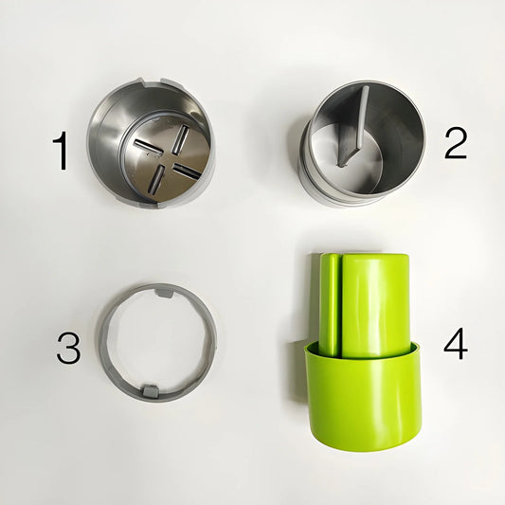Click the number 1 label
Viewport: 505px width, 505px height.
pyautogui.click(x=62, y=151)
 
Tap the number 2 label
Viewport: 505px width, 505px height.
pyautogui.click(x=456, y=143)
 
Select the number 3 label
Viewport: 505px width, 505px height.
pyautogui.click(x=68, y=348)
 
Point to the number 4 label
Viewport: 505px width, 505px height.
pyautogui.click(x=456, y=343)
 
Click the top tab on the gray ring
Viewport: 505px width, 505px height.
pyautogui.click(x=164, y=293)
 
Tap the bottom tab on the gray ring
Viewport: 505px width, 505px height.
pyautogui.click(x=150, y=390)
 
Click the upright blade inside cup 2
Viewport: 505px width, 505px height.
pyautogui.click(x=353, y=126)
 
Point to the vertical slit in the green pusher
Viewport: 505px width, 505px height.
pyautogui.click(x=340, y=306)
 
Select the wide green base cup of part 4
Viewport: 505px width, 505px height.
pyautogui.click(x=363, y=396)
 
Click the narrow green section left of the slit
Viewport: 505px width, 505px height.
pyautogui.click(x=329, y=305)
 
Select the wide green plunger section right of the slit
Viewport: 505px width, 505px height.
pyautogui.click(x=375, y=306)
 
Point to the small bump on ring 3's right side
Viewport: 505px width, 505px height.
pyautogui.click(x=215, y=343)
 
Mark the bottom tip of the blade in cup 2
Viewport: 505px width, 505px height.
pyautogui.click(x=341, y=166)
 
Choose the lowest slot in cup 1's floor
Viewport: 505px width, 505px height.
pyautogui.click(x=157, y=179)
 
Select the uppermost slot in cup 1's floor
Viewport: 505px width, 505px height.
pyautogui.click(x=180, y=139)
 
